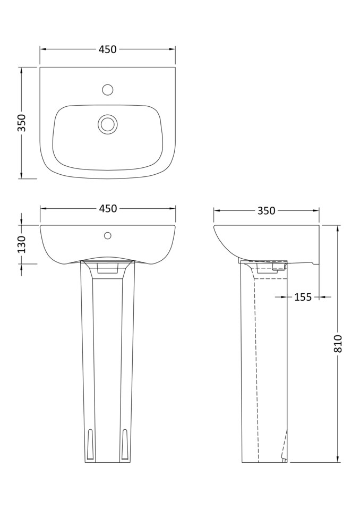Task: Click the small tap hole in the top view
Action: (x=108, y=90)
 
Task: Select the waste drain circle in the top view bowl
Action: (x=108, y=124)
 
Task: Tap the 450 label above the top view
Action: (x=107, y=49)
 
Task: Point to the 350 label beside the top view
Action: (x=22, y=123)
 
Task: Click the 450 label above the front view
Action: (x=108, y=209)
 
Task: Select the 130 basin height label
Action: (x=22, y=244)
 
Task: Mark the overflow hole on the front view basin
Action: (x=108, y=235)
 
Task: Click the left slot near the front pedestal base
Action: (x=90, y=444)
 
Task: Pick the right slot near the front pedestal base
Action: (x=125, y=444)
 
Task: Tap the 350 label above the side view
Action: (x=266, y=211)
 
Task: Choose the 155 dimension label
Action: (x=303, y=297)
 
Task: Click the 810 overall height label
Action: (x=338, y=344)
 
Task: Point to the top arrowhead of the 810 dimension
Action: (x=338, y=228)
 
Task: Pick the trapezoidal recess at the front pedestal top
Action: (x=108, y=269)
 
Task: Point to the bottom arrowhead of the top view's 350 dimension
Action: (x=21, y=176)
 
